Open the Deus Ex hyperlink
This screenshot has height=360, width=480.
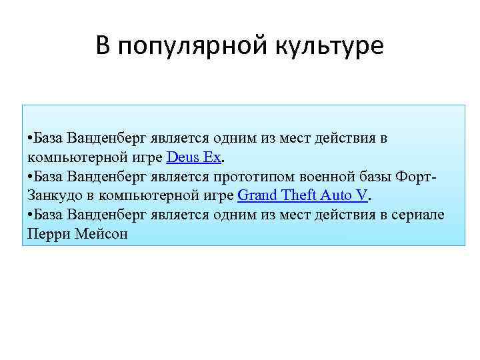coord(193,158)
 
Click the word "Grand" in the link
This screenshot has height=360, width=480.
coord(257,196)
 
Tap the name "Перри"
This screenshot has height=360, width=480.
coord(48,234)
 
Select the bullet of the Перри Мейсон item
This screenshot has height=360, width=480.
coord(31,215)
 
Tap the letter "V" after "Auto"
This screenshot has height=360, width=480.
coord(363,196)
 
